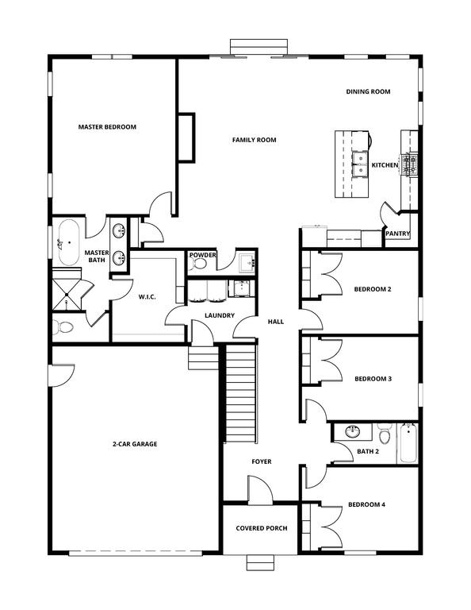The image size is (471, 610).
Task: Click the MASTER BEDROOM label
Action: pyautogui.click(x=107, y=127)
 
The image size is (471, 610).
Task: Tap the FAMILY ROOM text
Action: pyautogui.click(x=254, y=140)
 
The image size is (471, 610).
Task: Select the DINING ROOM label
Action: pyautogui.click(x=368, y=92)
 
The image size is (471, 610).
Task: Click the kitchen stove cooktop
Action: pyautogui.click(x=411, y=165)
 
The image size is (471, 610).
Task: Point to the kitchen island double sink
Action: pyautogui.click(x=358, y=165)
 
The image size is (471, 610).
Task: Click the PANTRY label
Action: pyautogui.click(x=396, y=234)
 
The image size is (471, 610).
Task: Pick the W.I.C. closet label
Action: pyautogui.click(x=146, y=298)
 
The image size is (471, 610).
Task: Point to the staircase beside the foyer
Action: pyautogui.click(x=240, y=393)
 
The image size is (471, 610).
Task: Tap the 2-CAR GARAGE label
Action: pyautogui.click(x=134, y=444)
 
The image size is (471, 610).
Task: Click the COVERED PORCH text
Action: pyautogui.click(x=262, y=528)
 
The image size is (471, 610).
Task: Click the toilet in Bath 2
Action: pyautogui.click(x=384, y=436)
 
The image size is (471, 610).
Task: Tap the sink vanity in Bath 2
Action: pyautogui.click(x=351, y=432)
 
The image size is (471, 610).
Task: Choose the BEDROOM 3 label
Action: pyautogui.click(x=373, y=379)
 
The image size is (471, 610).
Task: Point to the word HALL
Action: pyautogui.click(x=275, y=322)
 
